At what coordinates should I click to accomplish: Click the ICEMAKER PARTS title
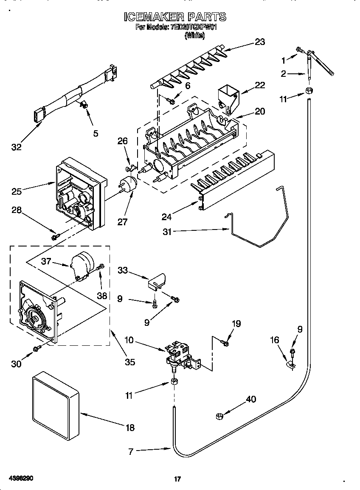(175, 17)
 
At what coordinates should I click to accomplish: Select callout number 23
(259, 42)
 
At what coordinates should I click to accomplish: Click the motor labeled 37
(82, 265)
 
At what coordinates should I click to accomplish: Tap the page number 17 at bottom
(178, 479)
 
